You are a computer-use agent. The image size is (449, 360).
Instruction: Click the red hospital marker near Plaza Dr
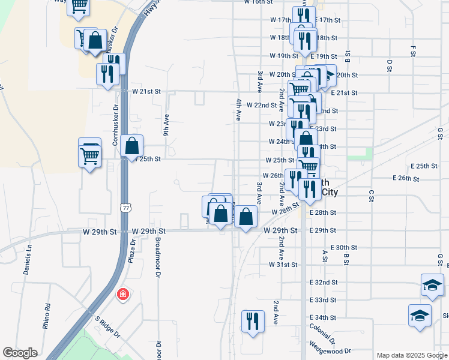[122, 295]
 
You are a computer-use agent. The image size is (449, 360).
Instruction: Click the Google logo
[20, 353]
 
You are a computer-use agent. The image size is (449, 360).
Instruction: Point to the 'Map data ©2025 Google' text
[411, 355]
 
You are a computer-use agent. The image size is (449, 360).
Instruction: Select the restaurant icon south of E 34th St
[253, 320]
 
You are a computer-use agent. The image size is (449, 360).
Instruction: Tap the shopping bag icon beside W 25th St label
[131, 146]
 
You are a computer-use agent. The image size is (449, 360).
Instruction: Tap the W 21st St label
[147, 92]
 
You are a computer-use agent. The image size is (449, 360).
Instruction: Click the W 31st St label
[283, 265]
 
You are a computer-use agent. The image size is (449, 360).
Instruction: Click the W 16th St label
[259, 2]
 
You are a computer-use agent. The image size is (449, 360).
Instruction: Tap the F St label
[413, 47]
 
